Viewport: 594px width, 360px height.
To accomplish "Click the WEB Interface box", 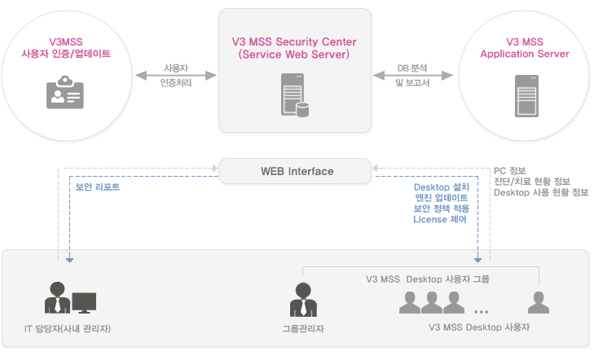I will [x=297, y=171].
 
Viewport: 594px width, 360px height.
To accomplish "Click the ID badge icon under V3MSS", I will [x=64, y=93].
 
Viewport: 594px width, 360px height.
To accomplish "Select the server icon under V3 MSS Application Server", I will [x=525, y=94].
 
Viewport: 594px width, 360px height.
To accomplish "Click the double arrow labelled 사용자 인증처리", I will [x=177, y=75].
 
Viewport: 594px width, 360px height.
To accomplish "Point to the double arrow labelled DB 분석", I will [x=416, y=75].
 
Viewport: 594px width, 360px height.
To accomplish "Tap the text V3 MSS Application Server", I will [x=525, y=47].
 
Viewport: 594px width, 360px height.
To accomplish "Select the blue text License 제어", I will [x=440, y=219].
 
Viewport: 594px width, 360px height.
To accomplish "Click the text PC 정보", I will [x=512, y=172].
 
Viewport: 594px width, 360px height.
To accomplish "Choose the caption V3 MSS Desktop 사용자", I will [x=479, y=327].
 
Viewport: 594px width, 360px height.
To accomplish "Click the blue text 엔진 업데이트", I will [x=441, y=197].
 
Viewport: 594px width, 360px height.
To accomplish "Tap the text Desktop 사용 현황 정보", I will [x=540, y=193].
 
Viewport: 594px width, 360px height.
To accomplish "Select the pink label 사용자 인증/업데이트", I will [x=65, y=54].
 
